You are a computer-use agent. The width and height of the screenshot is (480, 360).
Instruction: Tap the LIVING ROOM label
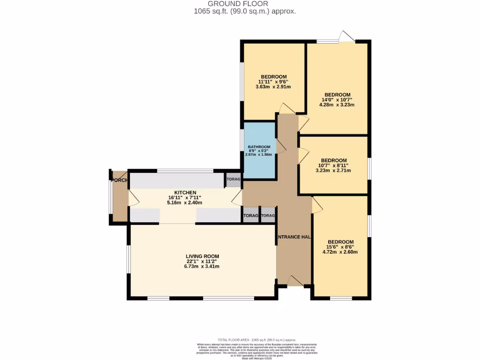pyautogui.click(x=202, y=256)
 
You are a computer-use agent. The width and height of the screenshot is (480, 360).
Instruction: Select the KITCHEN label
pyautogui.click(x=185, y=193)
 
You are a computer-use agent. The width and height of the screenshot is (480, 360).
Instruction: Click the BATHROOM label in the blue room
pyautogui.click(x=259, y=146)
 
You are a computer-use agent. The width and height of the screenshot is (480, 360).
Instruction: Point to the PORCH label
pyautogui.click(x=119, y=180)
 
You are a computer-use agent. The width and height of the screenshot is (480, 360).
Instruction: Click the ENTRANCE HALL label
pyautogui.click(x=294, y=237)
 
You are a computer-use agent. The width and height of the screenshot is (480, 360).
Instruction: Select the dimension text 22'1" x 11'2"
pyautogui.click(x=202, y=261)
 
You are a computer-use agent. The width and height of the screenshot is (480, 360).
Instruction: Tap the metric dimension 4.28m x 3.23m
pyautogui.click(x=337, y=105)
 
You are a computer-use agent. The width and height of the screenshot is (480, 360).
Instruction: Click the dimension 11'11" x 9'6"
pyautogui.click(x=274, y=82)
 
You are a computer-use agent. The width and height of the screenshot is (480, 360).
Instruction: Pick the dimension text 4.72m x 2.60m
pyautogui.click(x=340, y=252)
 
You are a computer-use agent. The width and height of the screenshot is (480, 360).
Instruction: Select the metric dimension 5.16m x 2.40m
pyautogui.click(x=185, y=203)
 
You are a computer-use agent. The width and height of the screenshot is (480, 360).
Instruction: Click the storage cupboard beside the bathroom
pyautogui.click(x=233, y=180)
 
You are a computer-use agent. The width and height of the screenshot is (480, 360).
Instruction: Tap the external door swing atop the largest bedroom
pyautogui.click(x=347, y=37)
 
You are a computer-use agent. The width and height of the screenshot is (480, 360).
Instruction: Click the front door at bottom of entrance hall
pyautogui.click(x=294, y=280)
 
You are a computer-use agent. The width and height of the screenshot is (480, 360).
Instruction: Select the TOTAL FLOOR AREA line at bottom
pyautogui.click(x=257, y=339)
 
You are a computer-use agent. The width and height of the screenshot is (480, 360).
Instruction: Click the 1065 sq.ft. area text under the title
pyautogui.click(x=244, y=11)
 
